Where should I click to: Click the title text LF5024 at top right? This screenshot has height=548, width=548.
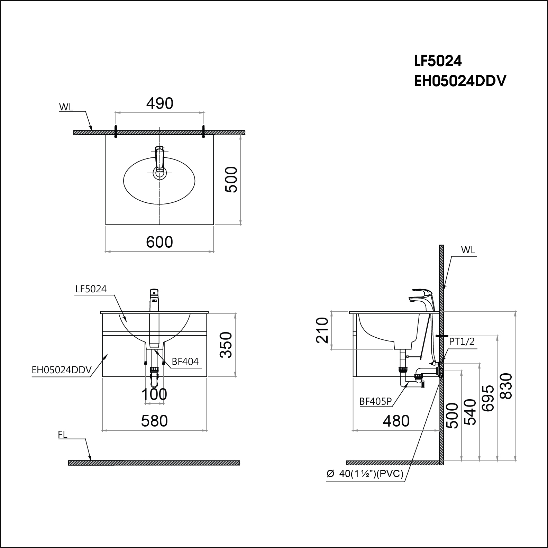(438, 61)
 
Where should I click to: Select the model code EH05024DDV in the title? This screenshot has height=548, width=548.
(460, 81)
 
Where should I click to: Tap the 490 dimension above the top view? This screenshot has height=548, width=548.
(159, 103)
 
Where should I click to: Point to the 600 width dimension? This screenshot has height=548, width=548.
(159, 242)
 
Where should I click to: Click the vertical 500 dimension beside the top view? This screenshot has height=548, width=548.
(231, 180)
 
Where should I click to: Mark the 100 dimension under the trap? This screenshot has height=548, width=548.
(154, 394)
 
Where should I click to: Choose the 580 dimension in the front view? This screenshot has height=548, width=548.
(154, 421)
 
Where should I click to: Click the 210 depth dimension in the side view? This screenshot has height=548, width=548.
(322, 330)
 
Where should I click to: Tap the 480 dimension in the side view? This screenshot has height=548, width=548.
(396, 421)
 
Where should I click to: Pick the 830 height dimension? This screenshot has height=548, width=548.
(507, 386)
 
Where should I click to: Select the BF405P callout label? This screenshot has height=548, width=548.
(375, 401)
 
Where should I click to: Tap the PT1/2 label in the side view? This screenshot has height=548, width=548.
(462, 341)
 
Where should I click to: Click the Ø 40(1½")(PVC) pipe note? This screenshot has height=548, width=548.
(365, 474)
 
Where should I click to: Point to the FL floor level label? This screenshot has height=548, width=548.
(63, 435)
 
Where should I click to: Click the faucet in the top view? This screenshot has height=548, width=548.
(160, 161)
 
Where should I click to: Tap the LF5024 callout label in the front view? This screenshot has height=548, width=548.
(91, 289)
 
